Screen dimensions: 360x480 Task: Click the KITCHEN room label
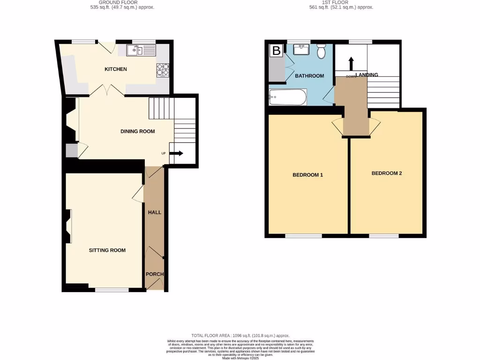point(115,69)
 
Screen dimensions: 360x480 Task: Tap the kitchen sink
point(141,51)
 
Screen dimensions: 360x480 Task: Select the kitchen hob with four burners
point(162,70)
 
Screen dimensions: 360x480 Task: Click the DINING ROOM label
point(137,131)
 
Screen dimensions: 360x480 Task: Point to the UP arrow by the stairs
point(177,153)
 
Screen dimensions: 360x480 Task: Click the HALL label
point(155,212)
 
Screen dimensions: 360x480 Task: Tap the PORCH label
point(154,274)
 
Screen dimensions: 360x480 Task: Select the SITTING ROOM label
point(107,250)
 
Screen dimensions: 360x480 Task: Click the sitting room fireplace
point(69,226)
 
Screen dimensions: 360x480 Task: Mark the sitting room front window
point(112,290)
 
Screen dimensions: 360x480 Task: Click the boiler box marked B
point(277,51)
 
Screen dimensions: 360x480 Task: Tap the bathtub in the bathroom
point(288,98)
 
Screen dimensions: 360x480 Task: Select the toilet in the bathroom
point(321,51)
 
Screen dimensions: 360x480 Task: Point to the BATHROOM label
point(309,76)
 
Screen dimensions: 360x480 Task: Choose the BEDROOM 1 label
point(308,175)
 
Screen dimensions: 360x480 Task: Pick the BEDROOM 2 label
point(387,173)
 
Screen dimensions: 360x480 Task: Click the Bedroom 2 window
point(383,236)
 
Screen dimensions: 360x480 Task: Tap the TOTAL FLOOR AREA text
point(240,336)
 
